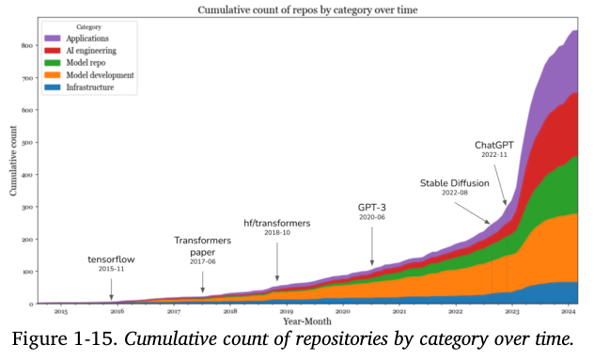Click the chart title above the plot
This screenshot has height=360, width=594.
[307, 9]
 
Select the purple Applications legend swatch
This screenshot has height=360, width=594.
[53, 39]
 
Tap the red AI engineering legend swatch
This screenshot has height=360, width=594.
[53, 51]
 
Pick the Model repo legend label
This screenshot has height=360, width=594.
[86, 63]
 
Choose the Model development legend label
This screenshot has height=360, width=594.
[100, 75]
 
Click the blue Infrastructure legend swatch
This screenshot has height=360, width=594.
[53, 87]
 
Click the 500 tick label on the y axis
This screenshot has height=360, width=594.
[27, 143]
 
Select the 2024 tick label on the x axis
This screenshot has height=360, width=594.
[569, 311]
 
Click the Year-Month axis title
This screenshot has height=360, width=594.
[307, 321]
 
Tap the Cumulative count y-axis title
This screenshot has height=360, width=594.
[13, 161]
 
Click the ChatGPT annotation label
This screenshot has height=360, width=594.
[494, 145]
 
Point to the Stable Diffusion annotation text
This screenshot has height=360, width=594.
[455, 183]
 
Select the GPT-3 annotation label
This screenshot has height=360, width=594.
[372, 208]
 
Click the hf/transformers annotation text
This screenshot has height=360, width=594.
[277, 223]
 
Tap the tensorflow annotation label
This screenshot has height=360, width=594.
[111, 259]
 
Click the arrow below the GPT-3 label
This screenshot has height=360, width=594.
[372, 246]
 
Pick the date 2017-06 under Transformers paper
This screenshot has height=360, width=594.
[203, 262]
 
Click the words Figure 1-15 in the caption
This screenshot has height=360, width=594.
[65, 338]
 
